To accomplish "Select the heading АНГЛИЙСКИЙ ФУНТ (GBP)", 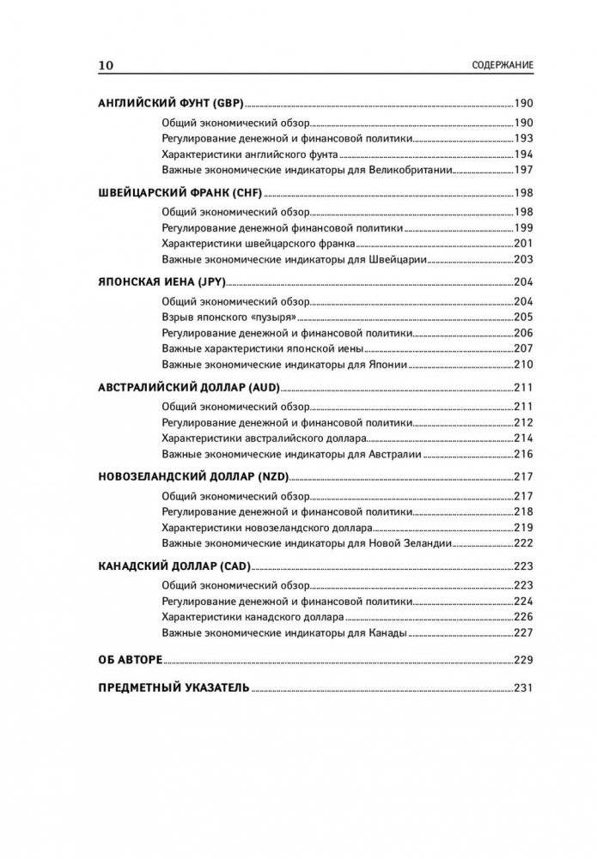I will click(x=171, y=102).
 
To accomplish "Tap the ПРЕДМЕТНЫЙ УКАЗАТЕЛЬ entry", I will click(x=174, y=688).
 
